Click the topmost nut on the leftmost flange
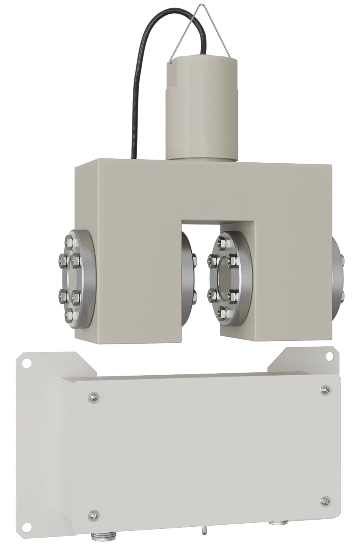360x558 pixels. [71, 241]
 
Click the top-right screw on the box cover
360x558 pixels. [324, 388]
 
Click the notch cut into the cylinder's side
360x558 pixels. [172, 80]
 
